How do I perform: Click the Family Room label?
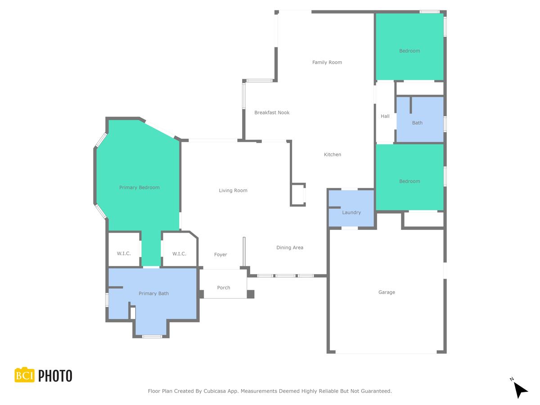pyautogui.click(x=327, y=63)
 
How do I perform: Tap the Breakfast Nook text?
pyautogui.click(x=272, y=112)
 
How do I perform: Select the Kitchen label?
pyautogui.click(x=333, y=155)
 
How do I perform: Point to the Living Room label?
pyautogui.click(x=233, y=191)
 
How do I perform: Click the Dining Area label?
pyautogui.click(x=290, y=247)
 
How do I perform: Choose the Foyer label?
pyautogui.click(x=220, y=255)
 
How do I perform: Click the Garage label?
pyautogui.click(x=387, y=292)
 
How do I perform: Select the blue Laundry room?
pyautogui.click(x=351, y=210)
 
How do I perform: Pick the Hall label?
pyautogui.click(x=385, y=117)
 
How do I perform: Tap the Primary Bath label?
pyautogui.click(x=153, y=294)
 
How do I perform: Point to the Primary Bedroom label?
pyautogui.click(x=139, y=188)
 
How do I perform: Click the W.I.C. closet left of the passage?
pyautogui.click(x=124, y=254)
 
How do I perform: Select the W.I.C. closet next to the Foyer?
pyautogui.click(x=179, y=254)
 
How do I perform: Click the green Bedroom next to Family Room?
pyautogui.click(x=409, y=47)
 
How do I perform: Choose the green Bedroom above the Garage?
pyautogui.click(x=409, y=178)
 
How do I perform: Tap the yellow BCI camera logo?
pyautogui.click(x=25, y=375)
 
